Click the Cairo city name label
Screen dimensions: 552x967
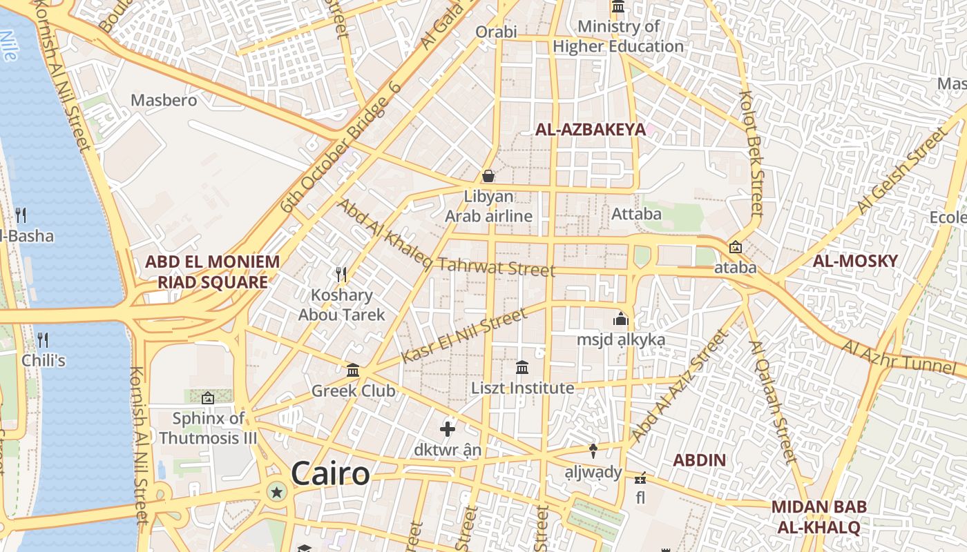tap(330, 474)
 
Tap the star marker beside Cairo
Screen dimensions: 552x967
tap(277, 492)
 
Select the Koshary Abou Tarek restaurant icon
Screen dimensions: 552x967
tap(341, 275)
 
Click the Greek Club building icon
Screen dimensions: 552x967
tap(353, 371)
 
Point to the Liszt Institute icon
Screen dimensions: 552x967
tap(522, 367)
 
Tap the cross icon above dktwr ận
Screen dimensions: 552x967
tap(448, 429)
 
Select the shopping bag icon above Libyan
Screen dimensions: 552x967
tap(488, 176)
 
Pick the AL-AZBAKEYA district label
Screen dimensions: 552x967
tap(591, 129)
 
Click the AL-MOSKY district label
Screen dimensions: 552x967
tap(855, 261)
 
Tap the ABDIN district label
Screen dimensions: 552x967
tap(699, 460)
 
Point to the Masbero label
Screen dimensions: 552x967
tap(164, 100)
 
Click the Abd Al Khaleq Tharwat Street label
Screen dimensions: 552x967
tap(446, 239)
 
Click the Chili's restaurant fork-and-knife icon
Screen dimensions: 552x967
tap(43, 339)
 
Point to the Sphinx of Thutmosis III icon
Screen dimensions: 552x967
tap(207, 397)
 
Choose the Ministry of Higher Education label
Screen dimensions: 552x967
tap(618, 37)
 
